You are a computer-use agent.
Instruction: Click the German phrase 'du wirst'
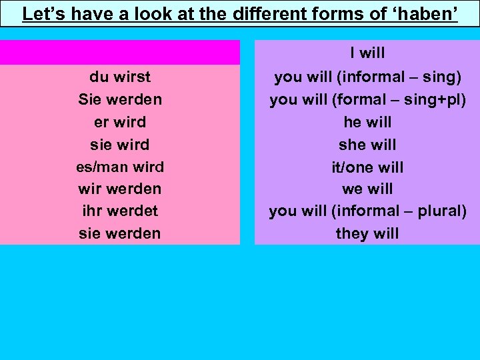[x=120, y=77]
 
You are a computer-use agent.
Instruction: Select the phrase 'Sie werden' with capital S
[x=120, y=100]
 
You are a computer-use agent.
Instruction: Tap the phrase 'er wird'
[x=120, y=123]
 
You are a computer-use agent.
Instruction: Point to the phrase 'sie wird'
[x=120, y=145]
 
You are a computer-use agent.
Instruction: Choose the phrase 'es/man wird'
[x=120, y=167]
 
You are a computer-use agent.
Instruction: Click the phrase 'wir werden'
[x=120, y=189]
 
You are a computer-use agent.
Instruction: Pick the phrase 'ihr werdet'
[x=120, y=211]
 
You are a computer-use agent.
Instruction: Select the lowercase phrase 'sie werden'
[x=120, y=233]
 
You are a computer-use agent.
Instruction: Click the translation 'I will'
[x=367, y=53]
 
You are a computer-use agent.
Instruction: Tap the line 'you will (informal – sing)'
[x=367, y=77]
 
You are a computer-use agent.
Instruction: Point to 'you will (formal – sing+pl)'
[x=367, y=100]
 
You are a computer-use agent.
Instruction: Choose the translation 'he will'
[x=367, y=123]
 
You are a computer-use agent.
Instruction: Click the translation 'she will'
[x=367, y=145]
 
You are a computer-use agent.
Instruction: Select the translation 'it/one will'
[x=367, y=167]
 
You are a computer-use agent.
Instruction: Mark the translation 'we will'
[x=367, y=189]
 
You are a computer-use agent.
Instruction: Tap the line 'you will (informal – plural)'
[x=367, y=211]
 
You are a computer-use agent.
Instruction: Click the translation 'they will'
[x=367, y=233]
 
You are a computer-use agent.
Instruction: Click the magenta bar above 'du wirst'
[x=120, y=53]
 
